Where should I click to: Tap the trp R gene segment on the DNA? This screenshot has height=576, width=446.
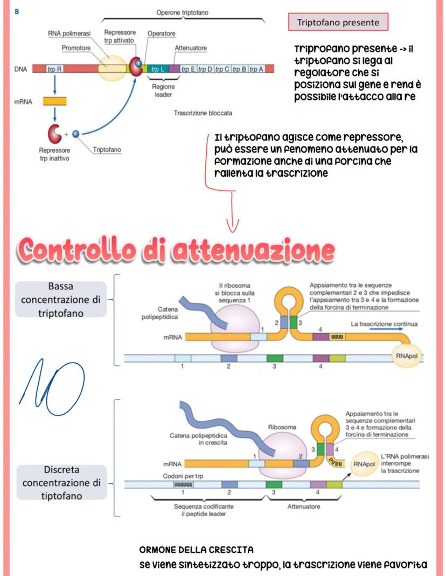click(x=54, y=69)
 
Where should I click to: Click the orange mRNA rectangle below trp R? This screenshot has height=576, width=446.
click(x=55, y=101)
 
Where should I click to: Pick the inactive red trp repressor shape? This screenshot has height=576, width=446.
click(x=55, y=133)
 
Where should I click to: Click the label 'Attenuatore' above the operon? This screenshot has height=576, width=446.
click(x=191, y=48)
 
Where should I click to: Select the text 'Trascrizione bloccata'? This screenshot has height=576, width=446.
click(x=203, y=114)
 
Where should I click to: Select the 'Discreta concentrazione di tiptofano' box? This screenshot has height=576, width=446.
click(x=60, y=482)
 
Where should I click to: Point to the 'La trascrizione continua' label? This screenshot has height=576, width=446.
click(x=384, y=324)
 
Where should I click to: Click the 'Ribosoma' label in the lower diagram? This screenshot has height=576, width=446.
click(x=282, y=427)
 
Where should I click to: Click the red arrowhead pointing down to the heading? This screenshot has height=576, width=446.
click(x=232, y=224)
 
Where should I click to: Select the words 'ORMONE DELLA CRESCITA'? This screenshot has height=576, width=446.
click(x=197, y=550)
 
